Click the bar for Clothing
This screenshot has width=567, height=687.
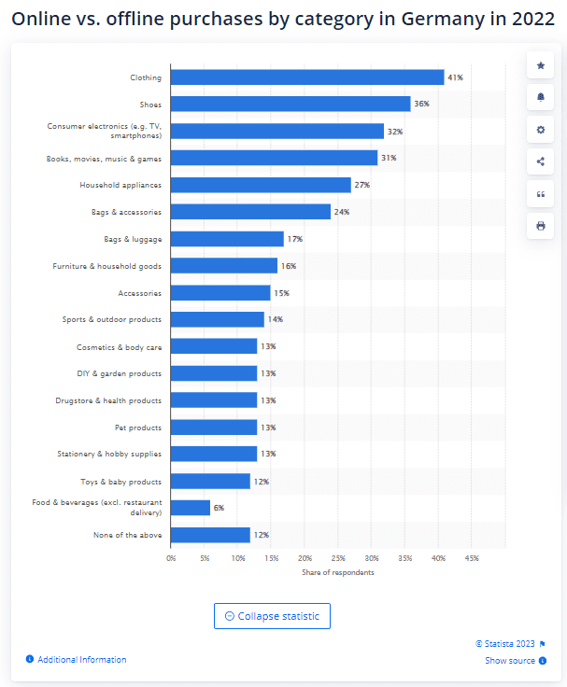pyautogui.click(x=307, y=77)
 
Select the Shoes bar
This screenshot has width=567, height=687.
pyautogui.click(x=291, y=104)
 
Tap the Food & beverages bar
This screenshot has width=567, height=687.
pyautogui.click(x=191, y=508)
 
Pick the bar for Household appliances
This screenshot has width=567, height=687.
pyautogui.click(x=261, y=185)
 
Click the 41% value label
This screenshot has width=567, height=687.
pyautogui.click(x=455, y=77)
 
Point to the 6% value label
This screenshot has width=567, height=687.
pyautogui.click(x=219, y=508)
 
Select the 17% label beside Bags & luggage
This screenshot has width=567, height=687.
pyautogui.click(x=295, y=239)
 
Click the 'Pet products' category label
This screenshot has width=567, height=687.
pyautogui.click(x=138, y=428)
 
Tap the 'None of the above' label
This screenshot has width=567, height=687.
pyautogui.click(x=128, y=535)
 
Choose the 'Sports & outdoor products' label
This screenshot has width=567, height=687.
pyautogui.click(x=112, y=319)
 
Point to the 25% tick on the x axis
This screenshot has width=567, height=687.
pyautogui.click(x=338, y=558)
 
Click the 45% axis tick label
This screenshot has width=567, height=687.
pyautogui.click(x=472, y=558)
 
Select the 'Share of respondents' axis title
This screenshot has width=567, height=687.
pyautogui.click(x=338, y=572)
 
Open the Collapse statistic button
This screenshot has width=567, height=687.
pyautogui.click(x=272, y=616)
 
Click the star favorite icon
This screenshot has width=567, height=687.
pyautogui.click(x=540, y=65)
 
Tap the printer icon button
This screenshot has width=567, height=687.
pyautogui.click(x=540, y=226)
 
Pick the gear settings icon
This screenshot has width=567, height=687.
pyautogui.click(x=540, y=130)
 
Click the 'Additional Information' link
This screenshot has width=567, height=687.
pyautogui.click(x=82, y=659)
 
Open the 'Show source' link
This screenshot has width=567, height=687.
pyautogui.click(x=510, y=660)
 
